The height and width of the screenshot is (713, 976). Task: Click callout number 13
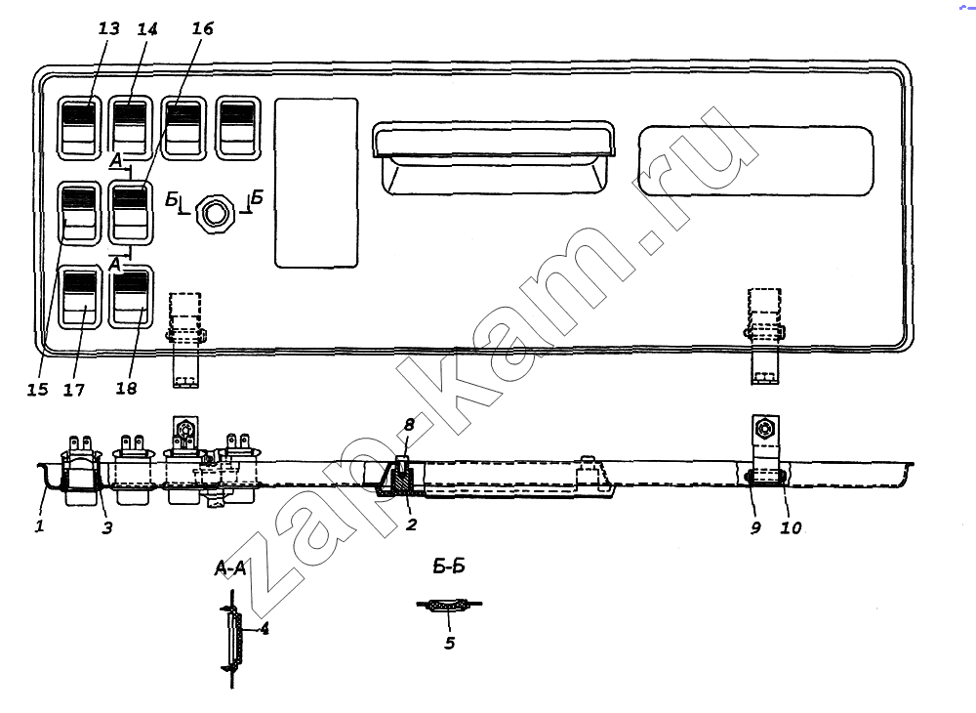pos(108,28)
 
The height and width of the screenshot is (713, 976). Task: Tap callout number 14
pos(147,28)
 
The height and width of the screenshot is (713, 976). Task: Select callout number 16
pos(202,28)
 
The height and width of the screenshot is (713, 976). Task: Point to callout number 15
pos(37,389)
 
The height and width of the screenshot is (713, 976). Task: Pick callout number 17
pos(74,390)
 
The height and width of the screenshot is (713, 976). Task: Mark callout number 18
pos(126,388)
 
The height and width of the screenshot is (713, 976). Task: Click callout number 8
pos(409,425)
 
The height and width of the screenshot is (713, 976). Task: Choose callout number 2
pos(411,524)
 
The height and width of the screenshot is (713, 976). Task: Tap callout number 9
pos(755,527)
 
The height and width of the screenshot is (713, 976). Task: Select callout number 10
pos(792,527)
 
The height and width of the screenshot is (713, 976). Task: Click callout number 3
pos(107,528)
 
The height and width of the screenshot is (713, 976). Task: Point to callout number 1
pos(40,526)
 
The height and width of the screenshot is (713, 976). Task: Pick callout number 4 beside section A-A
pos(264,628)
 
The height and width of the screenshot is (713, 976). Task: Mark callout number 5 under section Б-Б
pos(449,642)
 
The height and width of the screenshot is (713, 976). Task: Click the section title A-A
pos(230,567)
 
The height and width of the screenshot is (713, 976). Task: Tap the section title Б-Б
pos(449,566)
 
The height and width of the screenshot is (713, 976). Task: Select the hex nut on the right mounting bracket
pos(764,430)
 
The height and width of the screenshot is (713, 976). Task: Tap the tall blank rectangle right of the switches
pos(317,183)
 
